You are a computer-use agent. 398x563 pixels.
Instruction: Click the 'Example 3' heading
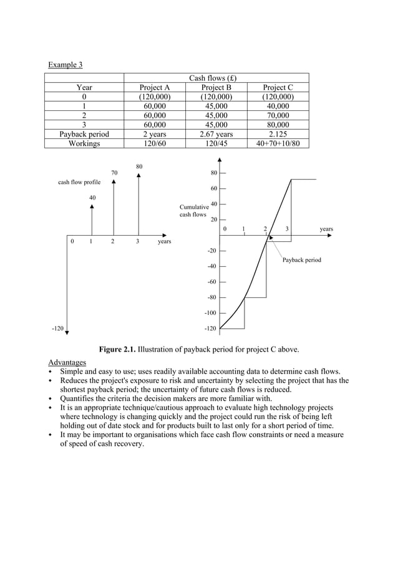coord(66,65)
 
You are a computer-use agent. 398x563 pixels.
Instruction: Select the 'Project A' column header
coord(154,88)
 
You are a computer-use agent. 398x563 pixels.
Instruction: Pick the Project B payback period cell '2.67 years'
coord(216,133)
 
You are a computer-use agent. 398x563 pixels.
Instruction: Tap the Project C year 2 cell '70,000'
coord(278,115)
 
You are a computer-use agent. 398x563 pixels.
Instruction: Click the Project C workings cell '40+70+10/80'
coord(278,143)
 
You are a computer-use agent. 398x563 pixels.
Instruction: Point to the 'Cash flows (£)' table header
coord(216,79)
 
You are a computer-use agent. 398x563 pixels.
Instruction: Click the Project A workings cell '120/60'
coord(154,143)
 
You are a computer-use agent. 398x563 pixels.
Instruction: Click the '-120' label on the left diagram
coord(58,328)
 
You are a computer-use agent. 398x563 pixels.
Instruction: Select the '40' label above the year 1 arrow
coord(92,198)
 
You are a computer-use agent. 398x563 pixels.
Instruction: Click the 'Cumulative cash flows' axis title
coord(194,210)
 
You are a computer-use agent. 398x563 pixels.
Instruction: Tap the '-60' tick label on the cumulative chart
coord(212,282)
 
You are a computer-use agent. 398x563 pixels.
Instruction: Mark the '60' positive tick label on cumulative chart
coord(213,188)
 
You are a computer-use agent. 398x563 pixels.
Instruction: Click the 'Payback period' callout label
coord(301,259)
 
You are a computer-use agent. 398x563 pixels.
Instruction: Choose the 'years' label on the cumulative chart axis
coord(326,229)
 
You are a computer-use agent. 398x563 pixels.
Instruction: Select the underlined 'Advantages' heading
coord(67,363)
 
